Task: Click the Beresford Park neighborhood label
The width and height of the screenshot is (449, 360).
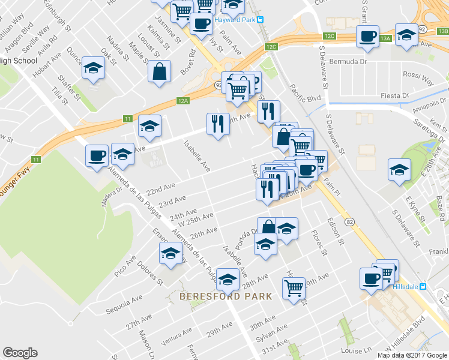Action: (226, 296)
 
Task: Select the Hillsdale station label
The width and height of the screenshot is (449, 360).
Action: (406, 287)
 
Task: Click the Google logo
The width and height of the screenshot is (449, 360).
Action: (20, 353)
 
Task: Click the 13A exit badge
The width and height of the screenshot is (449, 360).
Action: (385, 39)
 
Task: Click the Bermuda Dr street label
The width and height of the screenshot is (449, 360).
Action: (352, 61)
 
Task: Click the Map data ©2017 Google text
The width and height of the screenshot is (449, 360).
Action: (412, 355)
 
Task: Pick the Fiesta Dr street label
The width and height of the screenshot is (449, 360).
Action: (396, 96)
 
